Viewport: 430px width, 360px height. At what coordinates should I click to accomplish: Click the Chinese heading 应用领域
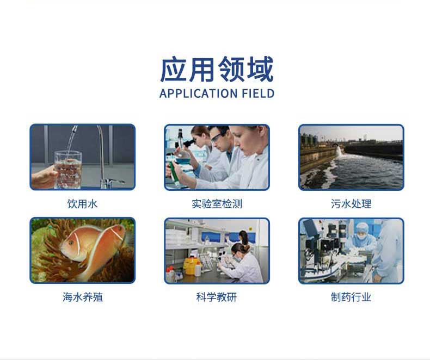[217, 69]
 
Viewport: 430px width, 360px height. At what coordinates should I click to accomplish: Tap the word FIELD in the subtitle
[258, 94]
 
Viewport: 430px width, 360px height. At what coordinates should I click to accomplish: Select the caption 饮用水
[82, 204]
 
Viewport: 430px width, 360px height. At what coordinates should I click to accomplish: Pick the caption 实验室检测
[217, 204]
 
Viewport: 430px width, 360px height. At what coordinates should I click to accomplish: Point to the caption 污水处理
[351, 204]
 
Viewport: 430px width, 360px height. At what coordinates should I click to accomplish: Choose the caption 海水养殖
[83, 297]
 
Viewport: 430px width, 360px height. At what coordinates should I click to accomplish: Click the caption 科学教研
[217, 297]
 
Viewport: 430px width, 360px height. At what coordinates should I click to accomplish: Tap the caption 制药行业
[351, 297]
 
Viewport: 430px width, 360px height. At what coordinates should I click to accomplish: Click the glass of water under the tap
[68, 170]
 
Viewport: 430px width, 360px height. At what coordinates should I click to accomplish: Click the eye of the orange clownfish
[71, 242]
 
